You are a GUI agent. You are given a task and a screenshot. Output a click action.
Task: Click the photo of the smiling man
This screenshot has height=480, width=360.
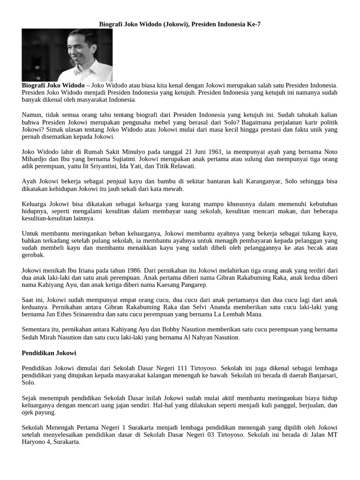pos(67,55)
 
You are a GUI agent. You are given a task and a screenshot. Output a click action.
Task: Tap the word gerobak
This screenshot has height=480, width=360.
pos(33,255)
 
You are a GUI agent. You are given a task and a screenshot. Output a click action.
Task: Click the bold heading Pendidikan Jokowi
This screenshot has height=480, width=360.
pos(49,352)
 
